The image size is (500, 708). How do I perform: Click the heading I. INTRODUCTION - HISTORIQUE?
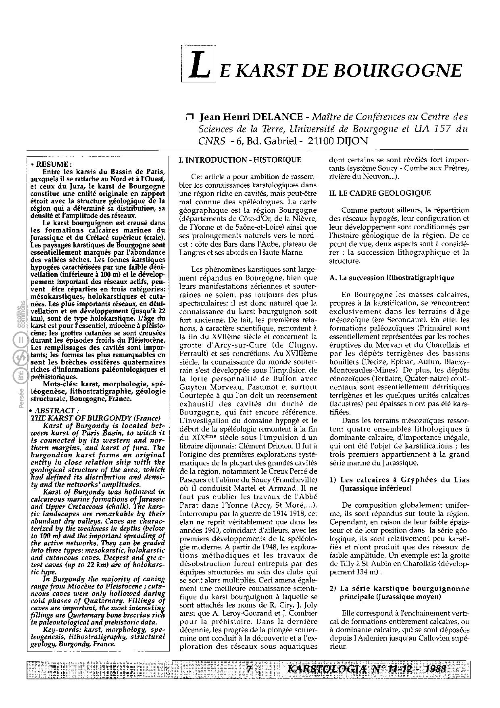(x=240, y=160)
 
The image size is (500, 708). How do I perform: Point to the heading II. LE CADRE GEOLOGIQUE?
(x=380, y=193)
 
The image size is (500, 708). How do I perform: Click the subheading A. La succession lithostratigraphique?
(x=392, y=278)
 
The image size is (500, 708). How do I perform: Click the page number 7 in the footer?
(x=249, y=669)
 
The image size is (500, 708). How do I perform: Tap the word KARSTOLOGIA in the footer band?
(x=326, y=669)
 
